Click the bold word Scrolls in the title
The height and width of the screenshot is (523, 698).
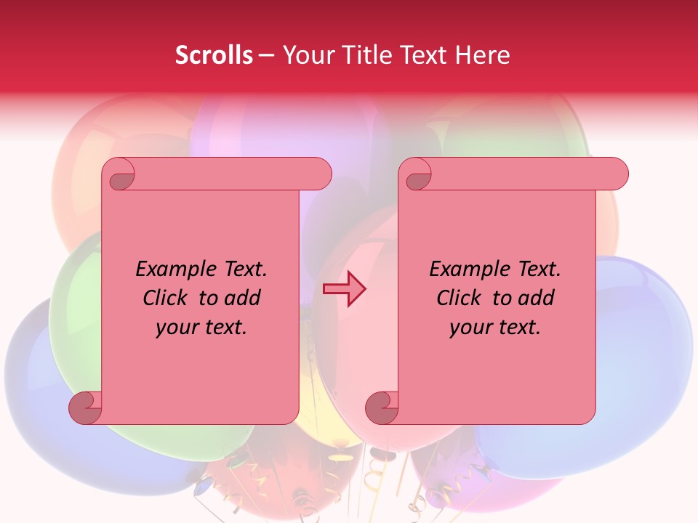214,55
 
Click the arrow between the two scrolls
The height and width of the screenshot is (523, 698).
344,289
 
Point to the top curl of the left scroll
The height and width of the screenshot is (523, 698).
119,175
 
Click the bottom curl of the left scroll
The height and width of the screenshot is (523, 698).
85,408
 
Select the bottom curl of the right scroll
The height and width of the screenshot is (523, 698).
382,408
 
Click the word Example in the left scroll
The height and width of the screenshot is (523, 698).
177,269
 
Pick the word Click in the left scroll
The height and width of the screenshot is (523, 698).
166,298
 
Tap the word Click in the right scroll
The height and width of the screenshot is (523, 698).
460,298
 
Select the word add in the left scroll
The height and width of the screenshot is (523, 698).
244,298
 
